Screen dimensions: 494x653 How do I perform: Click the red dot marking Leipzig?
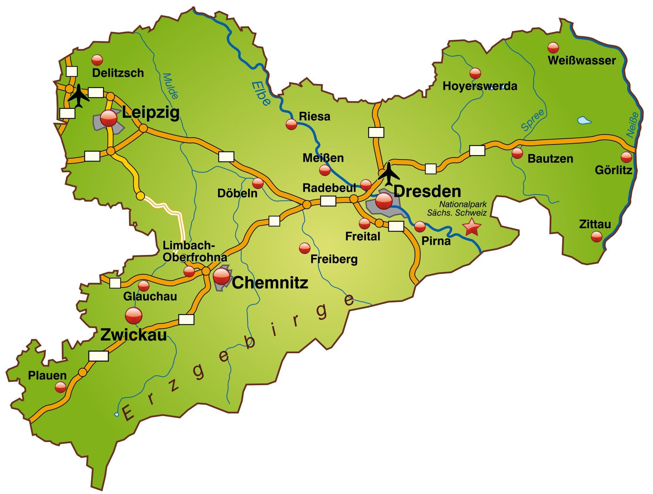109,118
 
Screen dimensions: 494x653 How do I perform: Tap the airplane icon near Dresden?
388,174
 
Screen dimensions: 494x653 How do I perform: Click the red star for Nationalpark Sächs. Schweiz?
472,227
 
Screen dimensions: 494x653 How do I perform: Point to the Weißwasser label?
582,61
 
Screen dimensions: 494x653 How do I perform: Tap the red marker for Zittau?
596,236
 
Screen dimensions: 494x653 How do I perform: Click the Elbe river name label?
261,94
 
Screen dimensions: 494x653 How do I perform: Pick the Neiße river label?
632,125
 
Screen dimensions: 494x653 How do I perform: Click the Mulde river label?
170,86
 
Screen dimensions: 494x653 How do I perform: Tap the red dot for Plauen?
61,387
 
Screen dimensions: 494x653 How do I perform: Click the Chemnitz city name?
270,283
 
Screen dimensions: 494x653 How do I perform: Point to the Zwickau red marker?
134,316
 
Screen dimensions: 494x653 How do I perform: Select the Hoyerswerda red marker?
475,73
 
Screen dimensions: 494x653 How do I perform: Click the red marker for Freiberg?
304,248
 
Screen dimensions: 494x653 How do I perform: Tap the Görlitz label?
613,170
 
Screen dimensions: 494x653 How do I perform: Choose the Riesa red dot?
291,124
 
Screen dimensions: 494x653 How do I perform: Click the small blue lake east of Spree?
584,120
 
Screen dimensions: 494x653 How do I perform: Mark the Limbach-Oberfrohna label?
195,251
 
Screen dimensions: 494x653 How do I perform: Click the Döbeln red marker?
257,183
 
